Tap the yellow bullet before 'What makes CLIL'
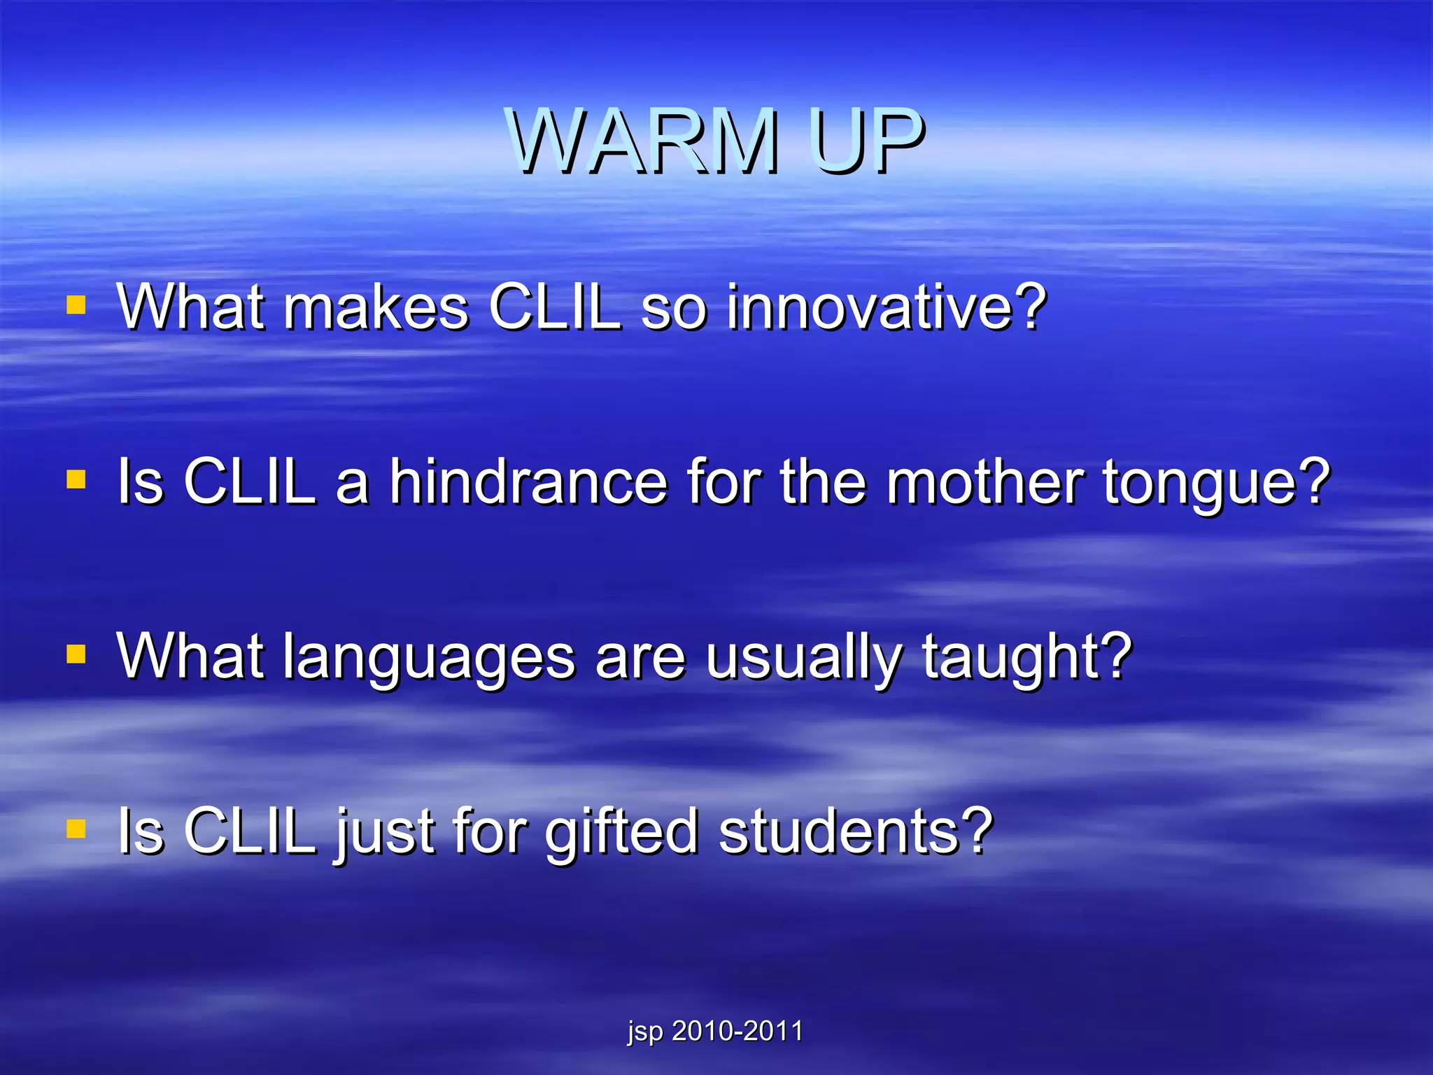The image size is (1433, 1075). [76, 305]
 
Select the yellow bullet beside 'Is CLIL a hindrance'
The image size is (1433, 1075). [76, 480]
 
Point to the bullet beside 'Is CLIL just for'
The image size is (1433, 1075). [76, 829]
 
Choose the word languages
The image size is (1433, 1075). [429, 658]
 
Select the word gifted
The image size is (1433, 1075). [621, 833]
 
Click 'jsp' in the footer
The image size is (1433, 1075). [644, 1032]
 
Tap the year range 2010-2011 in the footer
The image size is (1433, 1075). [737, 1031]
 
